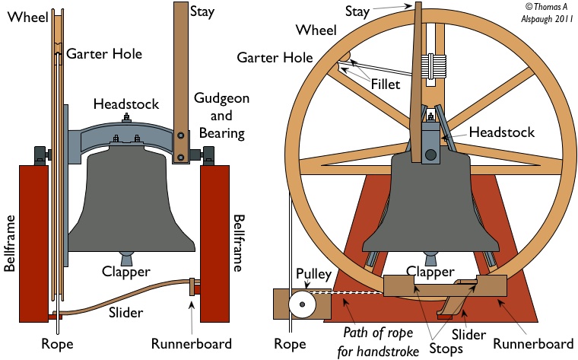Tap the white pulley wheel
coord(303,305)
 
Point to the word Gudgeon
coord(221,100)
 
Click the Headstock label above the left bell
coord(124,104)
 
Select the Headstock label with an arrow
coord(502,132)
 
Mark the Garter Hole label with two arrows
coord(275,57)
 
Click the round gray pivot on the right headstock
coord(430,155)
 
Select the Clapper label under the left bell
coord(126,272)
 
